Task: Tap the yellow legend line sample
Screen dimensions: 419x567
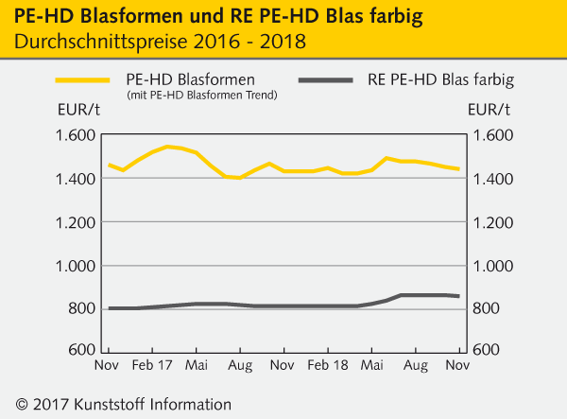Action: [x=87, y=80]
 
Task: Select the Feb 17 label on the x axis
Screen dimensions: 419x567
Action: [x=151, y=363]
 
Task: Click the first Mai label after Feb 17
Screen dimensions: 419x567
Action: [x=196, y=363]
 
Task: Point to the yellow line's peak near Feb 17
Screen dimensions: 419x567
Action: [x=167, y=147]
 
